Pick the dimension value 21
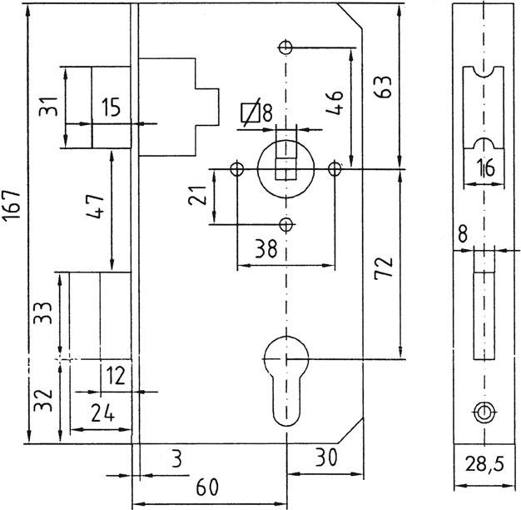click(197, 197)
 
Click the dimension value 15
click(111, 107)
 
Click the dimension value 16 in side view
click(486, 168)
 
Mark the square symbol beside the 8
click(247, 112)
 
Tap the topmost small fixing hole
click(286, 47)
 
